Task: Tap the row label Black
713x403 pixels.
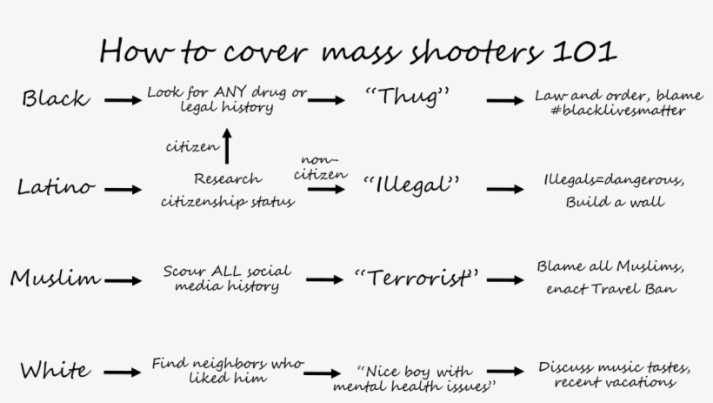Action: click(56, 98)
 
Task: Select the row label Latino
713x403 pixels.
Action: click(56, 186)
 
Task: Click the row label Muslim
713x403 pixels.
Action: click(55, 278)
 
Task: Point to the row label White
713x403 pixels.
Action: click(55, 370)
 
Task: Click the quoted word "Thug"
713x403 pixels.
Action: click(408, 97)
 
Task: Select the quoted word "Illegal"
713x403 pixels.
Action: click(411, 185)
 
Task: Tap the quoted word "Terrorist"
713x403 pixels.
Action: click(416, 278)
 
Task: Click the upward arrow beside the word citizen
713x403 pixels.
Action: click(227, 146)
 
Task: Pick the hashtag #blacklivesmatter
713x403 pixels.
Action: click(618, 111)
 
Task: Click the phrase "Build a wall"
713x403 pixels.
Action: click(615, 201)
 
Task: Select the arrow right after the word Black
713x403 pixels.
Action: click(123, 100)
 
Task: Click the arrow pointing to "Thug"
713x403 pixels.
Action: click(326, 100)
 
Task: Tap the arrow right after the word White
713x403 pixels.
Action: click(123, 373)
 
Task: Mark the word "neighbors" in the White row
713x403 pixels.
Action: click(230, 363)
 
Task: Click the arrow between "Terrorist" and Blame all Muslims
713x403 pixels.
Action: click(505, 280)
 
